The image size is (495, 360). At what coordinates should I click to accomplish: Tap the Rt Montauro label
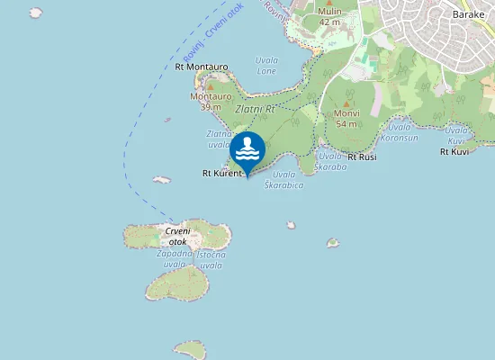202,67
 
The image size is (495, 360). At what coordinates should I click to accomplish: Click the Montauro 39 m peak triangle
211,87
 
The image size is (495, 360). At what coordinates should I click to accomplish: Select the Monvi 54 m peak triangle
346,104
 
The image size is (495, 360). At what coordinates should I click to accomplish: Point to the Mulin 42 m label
330,16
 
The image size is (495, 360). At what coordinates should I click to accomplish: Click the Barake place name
468,15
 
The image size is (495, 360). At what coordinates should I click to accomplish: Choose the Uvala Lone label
267,66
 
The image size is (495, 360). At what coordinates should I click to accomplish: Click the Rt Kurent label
222,174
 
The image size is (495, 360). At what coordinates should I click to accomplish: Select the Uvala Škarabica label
287,180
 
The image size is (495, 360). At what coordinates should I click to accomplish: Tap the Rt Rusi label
362,157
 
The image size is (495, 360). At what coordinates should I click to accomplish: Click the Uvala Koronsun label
399,133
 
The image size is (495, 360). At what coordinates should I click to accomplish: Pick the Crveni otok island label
176,236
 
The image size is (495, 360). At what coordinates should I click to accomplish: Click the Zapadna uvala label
175,259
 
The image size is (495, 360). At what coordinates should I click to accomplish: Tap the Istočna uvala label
211,260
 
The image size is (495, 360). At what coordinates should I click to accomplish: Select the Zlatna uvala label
220,139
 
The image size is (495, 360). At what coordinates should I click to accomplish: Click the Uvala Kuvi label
457,135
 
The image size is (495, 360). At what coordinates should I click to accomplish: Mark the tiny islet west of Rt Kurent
162,180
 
